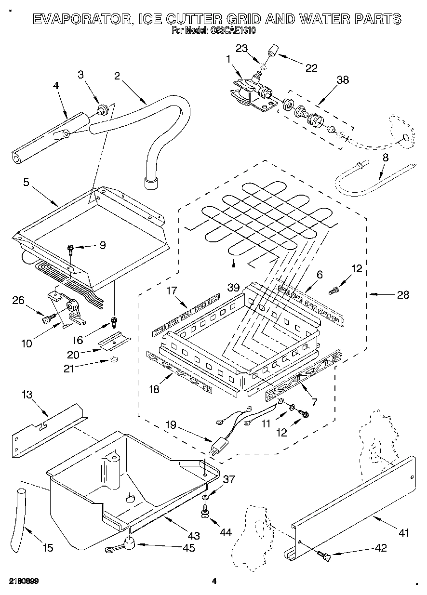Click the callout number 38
click(343, 80)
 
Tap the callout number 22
click(311, 68)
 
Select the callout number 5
click(26, 182)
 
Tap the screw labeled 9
click(71, 249)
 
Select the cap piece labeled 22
click(275, 50)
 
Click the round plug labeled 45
click(128, 543)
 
